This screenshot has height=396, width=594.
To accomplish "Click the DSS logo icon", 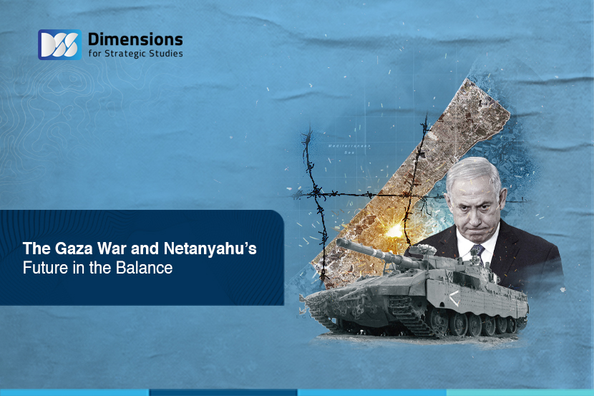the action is tap(59, 44).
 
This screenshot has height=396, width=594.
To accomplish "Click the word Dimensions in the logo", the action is tap(135, 39).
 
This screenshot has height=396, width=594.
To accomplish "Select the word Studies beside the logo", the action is tap(166, 53).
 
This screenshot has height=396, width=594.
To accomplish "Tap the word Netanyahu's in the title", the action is tap(210, 249).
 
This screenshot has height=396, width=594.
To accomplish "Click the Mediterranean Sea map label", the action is tap(349, 148).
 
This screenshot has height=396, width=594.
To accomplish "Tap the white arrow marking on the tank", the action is tap(454, 298).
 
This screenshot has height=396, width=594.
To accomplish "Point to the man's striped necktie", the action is tap(477, 251).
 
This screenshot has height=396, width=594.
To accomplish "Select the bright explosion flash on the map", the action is tap(395, 229).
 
